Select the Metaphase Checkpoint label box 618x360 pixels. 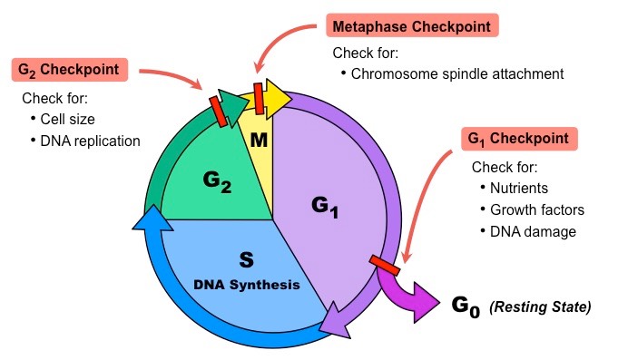414,26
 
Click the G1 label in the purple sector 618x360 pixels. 325,207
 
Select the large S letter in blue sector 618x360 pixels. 246,261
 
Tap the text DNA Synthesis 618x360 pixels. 246,285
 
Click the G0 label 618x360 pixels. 464,306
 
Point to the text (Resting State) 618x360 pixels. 541,307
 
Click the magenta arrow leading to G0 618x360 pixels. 413,295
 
